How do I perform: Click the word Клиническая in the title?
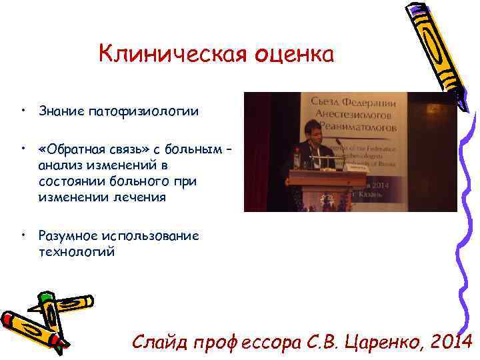171,54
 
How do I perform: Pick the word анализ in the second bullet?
59,164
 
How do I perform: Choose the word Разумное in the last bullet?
67,235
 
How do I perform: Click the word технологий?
77,252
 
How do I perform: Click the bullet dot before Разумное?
23,235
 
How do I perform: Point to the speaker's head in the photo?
313,131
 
